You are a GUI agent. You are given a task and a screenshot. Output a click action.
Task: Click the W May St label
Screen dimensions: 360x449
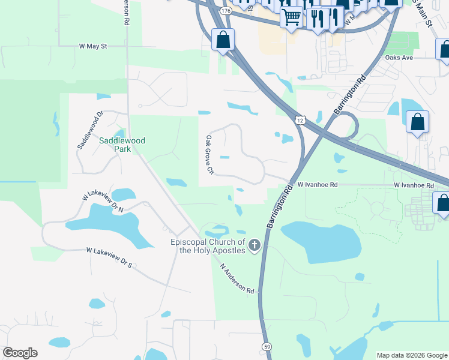pyautogui.click(x=92, y=46)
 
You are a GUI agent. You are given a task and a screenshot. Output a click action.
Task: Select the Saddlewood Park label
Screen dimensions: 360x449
pyautogui.click(x=122, y=145)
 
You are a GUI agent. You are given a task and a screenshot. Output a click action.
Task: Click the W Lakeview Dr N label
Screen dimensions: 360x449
pyautogui.click(x=103, y=202)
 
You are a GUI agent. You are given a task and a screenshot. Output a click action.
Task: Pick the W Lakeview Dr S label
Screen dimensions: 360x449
pyautogui.click(x=108, y=257)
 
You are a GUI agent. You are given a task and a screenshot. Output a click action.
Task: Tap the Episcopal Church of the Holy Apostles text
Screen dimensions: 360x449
pyautogui.click(x=208, y=246)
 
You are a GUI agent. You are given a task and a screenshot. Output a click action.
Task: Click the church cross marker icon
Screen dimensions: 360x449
pyautogui.click(x=255, y=245)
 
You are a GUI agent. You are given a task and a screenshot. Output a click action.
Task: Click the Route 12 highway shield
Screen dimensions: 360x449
pyautogui.click(x=300, y=120)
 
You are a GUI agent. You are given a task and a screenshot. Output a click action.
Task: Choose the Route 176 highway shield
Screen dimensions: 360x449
pyautogui.click(x=225, y=11)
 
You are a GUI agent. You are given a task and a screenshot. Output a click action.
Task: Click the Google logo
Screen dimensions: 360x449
pyautogui.click(x=20, y=353)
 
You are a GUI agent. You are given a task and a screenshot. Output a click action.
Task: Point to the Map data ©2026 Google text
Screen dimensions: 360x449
pyautogui.click(x=412, y=355)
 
